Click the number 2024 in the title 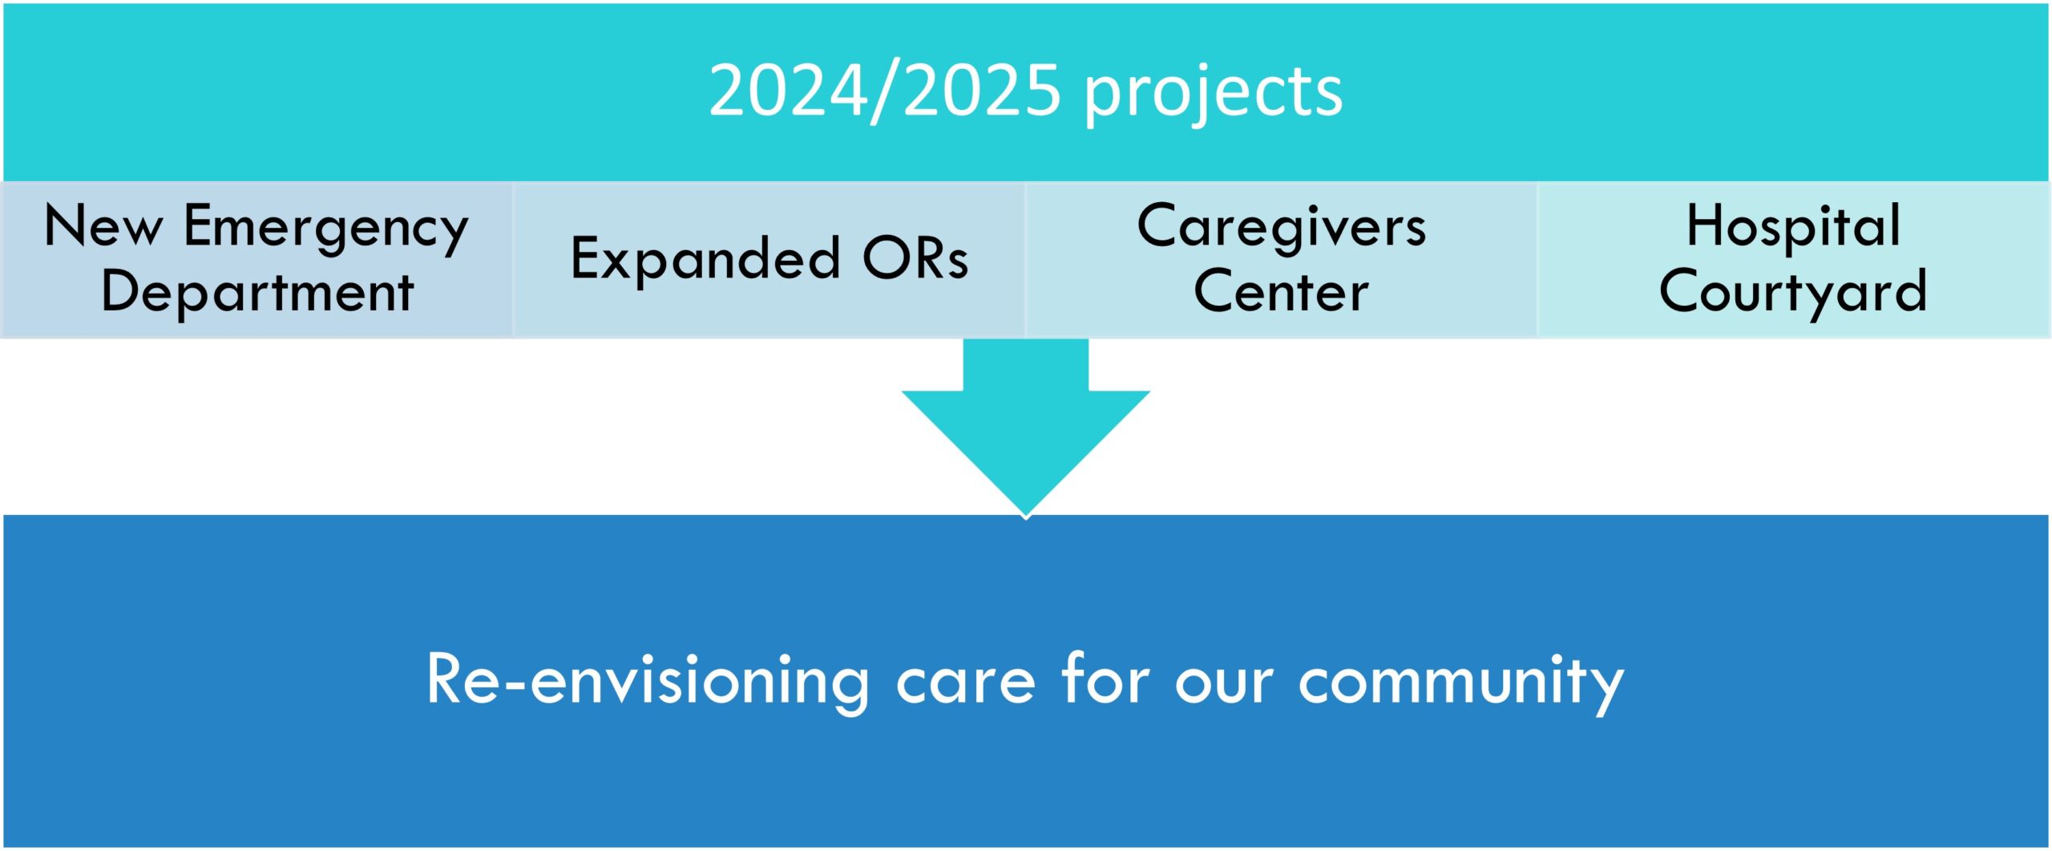[x=789, y=91]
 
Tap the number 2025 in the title [x=984, y=91]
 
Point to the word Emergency [x=326, y=229]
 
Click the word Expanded [x=705, y=260]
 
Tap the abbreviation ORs [x=916, y=258]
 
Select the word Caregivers [x=1281, y=229]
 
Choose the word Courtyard [x=1793, y=294]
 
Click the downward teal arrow [x=1026, y=429]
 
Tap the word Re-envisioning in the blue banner [x=648, y=683]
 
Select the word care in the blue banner [x=965, y=687]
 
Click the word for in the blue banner [x=1105, y=679]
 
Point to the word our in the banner [x=1224, y=687]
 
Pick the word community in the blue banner [x=1461, y=684]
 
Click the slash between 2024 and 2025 [x=887, y=93]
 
